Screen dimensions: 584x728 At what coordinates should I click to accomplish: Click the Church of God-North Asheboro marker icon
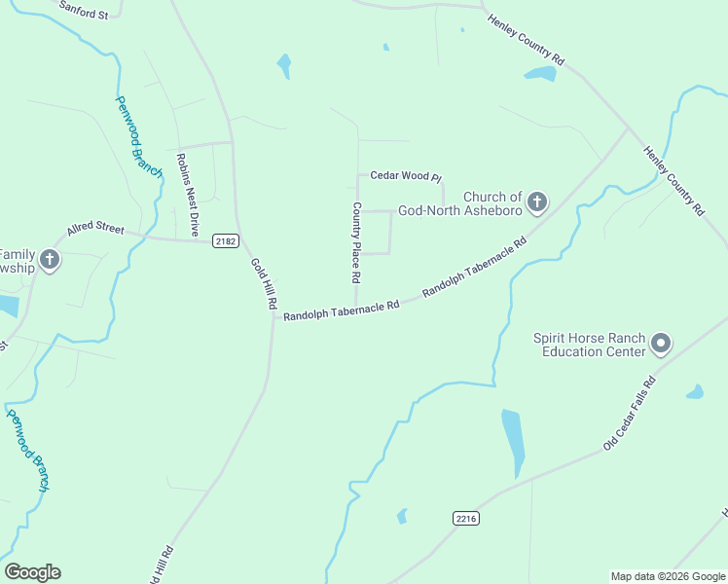point(536,203)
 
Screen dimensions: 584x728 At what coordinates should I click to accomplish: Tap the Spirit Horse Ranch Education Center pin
point(661,343)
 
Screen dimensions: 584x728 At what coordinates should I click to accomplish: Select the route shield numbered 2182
point(225,241)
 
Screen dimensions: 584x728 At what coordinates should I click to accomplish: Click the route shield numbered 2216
point(466,519)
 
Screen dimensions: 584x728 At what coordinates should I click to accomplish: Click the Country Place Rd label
point(357,241)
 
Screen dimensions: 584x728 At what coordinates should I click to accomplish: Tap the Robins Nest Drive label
point(187,195)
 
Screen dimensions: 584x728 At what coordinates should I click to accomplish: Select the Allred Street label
point(95,230)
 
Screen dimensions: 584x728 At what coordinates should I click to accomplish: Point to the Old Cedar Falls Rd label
point(630,413)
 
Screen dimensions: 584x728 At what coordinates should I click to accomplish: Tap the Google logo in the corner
point(32,572)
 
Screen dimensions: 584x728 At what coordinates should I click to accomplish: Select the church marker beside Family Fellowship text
point(51,259)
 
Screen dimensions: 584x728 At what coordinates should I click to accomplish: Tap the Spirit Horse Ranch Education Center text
point(589,345)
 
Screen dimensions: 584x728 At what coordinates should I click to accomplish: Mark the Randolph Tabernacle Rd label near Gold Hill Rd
point(341,310)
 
